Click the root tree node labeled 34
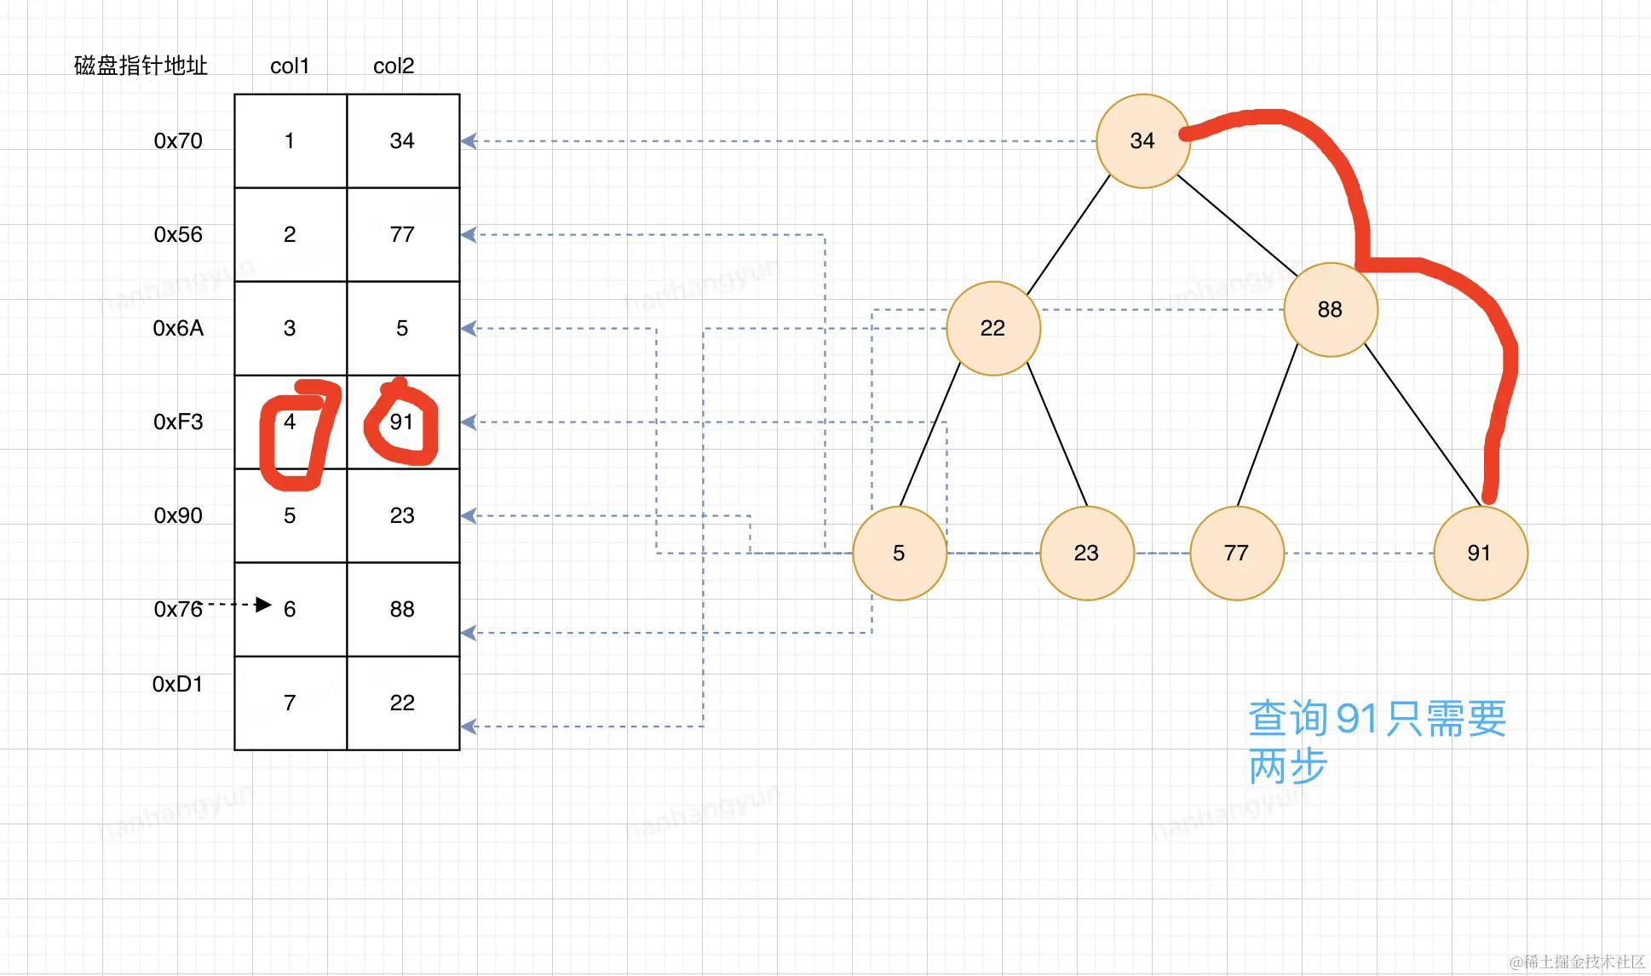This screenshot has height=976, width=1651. (x=1142, y=141)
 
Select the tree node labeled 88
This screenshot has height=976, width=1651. (x=1330, y=310)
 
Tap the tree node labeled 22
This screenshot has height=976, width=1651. (x=993, y=328)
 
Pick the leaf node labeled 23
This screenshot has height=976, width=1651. (x=1086, y=554)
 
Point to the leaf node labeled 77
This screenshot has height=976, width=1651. (x=1236, y=554)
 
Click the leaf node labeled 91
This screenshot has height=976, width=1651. (x=1480, y=554)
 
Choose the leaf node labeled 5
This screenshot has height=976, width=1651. (x=899, y=554)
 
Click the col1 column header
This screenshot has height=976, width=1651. (x=290, y=66)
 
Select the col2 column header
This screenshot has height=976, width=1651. (x=394, y=66)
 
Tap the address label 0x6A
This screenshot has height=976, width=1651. (x=178, y=329)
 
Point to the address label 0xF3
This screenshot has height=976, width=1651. (x=178, y=422)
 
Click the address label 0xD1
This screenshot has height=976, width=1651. (x=177, y=685)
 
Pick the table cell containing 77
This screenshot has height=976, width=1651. (x=402, y=235)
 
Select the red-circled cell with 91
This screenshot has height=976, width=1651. (x=401, y=422)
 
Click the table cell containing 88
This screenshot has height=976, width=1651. (x=402, y=610)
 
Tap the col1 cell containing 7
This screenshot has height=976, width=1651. (x=290, y=703)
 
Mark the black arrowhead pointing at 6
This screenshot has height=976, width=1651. (x=263, y=605)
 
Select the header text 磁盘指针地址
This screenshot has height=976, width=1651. (x=141, y=66)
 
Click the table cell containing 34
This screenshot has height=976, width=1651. (x=402, y=141)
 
